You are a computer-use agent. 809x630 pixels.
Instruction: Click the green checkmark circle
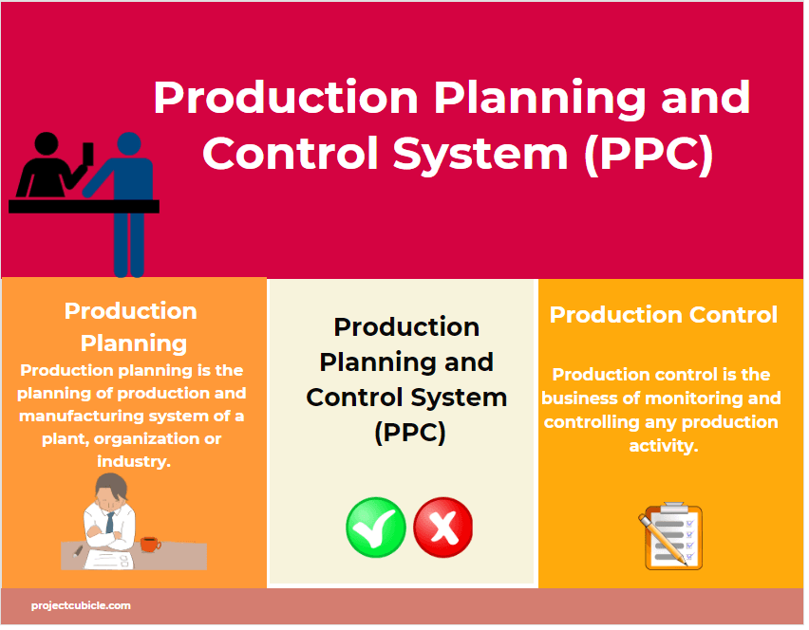pyautogui.click(x=376, y=528)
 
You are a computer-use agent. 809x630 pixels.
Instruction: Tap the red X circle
pyautogui.click(x=442, y=528)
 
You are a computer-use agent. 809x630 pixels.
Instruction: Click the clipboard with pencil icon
pyautogui.click(x=670, y=537)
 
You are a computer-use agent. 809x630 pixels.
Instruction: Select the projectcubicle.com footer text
pyautogui.click(x=81, y=605)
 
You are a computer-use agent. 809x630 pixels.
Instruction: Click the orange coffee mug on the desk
pyautogui.click(x=149, y=544)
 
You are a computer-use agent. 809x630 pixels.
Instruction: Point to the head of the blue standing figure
pyautogui.click(x=129, y=144)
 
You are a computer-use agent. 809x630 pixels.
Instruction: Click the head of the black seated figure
pyautogui.click(x=47, y=145)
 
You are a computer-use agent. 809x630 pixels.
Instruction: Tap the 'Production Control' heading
pyautogui.click(x=663, y=315)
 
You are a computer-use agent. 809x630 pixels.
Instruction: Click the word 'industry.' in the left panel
pyautogui.click(x=133, y=461)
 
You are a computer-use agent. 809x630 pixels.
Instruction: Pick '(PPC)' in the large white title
pyautogui.click(x=649, y=155)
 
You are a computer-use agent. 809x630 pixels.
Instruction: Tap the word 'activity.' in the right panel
pyautogui.click(x=663, y=445)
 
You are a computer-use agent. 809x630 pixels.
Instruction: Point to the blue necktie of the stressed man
pyautogui.click(x=110, y=522)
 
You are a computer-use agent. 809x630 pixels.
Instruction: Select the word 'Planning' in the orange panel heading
pyautogui.click(x=133, y=343)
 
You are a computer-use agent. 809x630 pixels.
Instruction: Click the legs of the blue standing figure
pyautogui.click(x=129, y=245)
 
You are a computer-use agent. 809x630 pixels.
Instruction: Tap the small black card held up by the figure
pyautogui.click(x=88, y=152)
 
